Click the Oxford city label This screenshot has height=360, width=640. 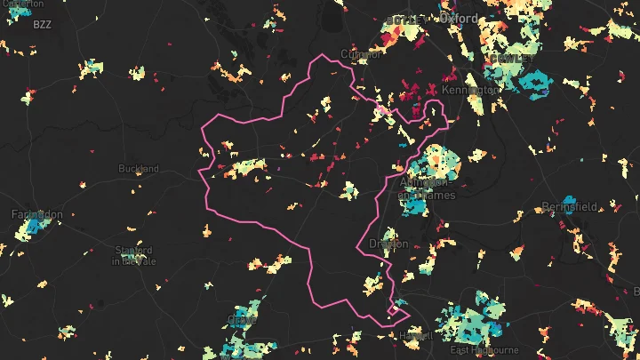point(458,18)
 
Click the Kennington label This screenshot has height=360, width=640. point(470,91)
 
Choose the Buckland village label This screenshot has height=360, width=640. point(139,168)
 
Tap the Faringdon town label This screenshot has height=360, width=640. point(36,214)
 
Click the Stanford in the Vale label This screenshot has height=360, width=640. point(134,255)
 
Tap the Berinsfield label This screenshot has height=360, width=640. point(570,207)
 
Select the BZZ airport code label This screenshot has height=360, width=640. point(43,25)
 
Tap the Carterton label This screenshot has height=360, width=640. point(24,4)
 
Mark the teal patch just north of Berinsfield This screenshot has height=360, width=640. point(569,198)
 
